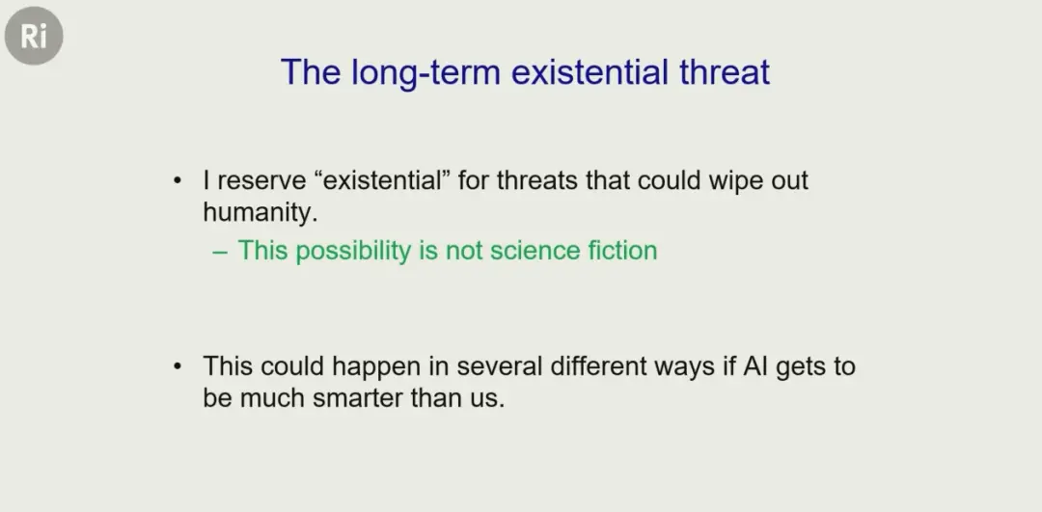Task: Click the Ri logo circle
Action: [34, 36]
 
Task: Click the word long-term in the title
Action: [425, 71]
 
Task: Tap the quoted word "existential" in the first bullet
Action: [381, 180]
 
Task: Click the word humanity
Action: [257, 212]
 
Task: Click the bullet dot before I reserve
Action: [177, 181]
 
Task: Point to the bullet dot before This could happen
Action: [177, 366]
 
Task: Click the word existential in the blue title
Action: [590, 71]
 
